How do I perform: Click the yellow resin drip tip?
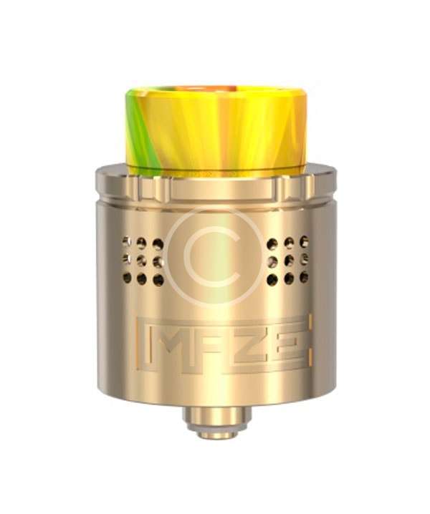(216, 131)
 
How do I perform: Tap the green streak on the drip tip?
(138, 131)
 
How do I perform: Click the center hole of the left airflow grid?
(142, 261)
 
